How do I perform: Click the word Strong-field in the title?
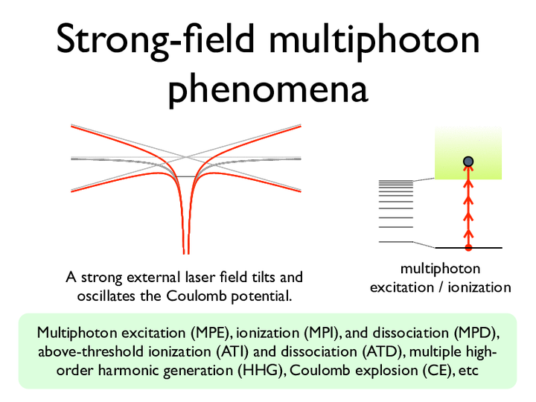click(x=156, y=40)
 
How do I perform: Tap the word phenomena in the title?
click(x=268, y=90)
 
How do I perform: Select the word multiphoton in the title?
click(x=374, y=40)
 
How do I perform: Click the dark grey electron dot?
click(x=468, y=162)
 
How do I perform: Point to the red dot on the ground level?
click(x=468, y=247)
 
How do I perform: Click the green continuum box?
click(x=468, y=153)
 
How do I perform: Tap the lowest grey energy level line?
click(x=396, y=242)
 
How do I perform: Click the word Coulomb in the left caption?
click(x=197, y=296)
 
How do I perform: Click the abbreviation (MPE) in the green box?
click(x=209, y=333)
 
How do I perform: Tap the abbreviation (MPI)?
click(x=321, y=333)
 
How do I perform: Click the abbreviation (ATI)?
click(x=232, y=351)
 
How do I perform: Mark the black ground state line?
click(x=468, y=247)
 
